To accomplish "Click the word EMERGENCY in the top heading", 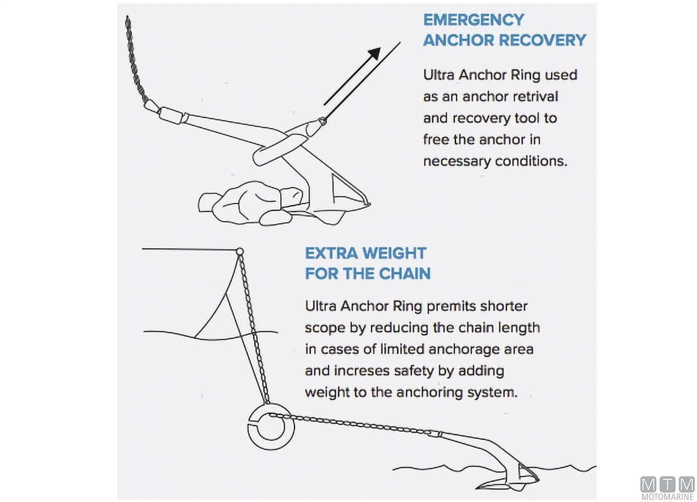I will (x=473, y=20).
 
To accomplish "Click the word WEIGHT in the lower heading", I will (x=394, y=253).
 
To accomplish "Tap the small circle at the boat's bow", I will (x=239, y=251).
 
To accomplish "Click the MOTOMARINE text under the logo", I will (x=667, y=497).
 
